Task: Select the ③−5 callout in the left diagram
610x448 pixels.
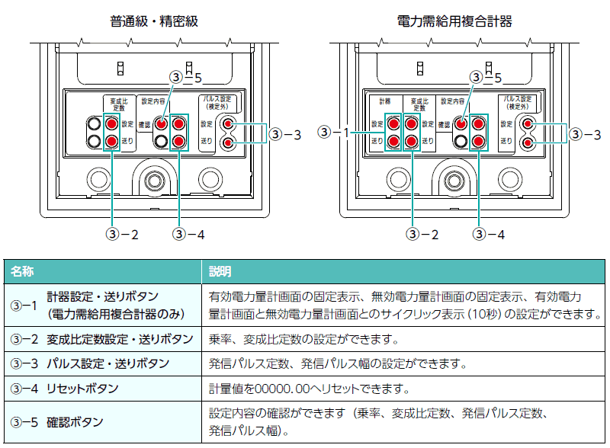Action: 186,77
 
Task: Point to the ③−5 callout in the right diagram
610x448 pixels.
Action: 486,77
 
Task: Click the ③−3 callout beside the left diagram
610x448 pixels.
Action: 287,134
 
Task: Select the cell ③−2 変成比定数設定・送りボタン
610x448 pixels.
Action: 103,338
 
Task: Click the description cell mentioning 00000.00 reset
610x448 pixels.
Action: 309,389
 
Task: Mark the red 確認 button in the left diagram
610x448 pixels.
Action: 161,123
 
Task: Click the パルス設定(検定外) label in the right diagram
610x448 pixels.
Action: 519,102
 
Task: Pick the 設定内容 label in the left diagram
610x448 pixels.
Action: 152,101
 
